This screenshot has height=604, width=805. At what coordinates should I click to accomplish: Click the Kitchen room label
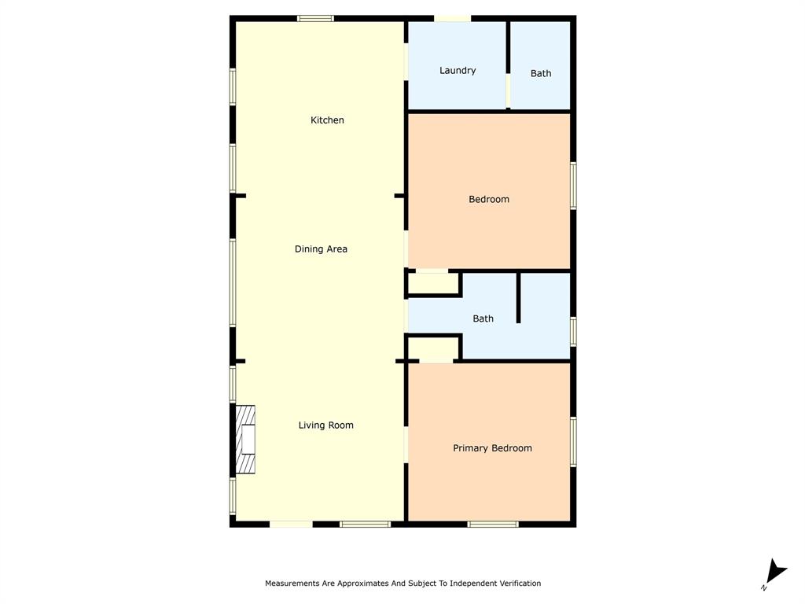(x=327, y=120)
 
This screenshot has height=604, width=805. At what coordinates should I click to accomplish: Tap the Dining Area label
(x=321, y=249)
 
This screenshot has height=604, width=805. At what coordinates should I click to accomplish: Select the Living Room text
(x=325, y=425)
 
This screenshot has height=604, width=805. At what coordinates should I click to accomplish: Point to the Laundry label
(x=458, y=71)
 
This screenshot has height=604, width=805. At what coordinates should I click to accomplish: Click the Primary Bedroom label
(x=492, y=448)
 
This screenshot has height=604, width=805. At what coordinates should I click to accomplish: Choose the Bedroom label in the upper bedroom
(x=489, y=200)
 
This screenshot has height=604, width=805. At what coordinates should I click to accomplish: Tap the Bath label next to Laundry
(x=541, y=74)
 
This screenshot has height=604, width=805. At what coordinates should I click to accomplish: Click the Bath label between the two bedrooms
(x=483, y=319)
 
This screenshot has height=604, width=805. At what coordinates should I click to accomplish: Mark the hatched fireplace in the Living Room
(x=246, y=440)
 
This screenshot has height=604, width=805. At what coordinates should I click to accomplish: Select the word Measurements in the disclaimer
(x=292, y=584)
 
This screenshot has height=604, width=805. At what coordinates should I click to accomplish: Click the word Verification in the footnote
(x=516, y=584)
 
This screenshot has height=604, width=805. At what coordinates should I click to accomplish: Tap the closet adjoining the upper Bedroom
(x=433, y=283)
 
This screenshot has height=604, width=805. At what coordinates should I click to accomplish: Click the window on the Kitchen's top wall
(x=315, y=18)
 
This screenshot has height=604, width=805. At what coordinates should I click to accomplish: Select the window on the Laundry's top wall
(x=453, y=18)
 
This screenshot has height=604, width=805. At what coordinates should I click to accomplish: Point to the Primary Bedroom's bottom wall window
(x=493, y=524)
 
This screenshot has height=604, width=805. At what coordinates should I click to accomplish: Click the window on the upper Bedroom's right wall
(x=573, y=186)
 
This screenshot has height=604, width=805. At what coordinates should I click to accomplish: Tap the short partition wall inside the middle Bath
(x=518, y=298)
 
